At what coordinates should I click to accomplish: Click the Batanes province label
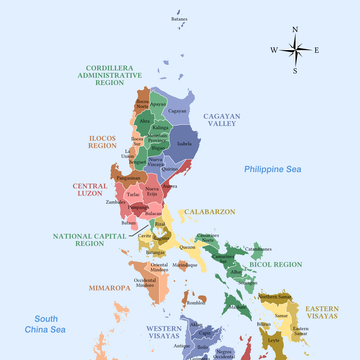coord(179,19)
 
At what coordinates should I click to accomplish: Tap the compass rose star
coord(295,50)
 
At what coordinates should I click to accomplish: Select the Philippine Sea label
coord(273,169)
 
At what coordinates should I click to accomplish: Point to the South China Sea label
coord(45,324)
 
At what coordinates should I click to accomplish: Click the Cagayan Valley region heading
coord(222,120)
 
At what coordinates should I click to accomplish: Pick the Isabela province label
coord(184,144)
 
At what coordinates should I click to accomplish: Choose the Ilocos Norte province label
coord(143,104)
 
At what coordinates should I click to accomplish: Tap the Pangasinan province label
coord(129,178)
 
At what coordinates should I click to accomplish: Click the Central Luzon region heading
coord(90,190)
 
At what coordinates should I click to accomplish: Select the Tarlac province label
coord(133,195)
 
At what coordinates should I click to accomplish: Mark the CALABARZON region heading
coord(210,212)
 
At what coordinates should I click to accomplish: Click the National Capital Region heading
coord(90,240)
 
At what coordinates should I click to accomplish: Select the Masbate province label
coord(238,307)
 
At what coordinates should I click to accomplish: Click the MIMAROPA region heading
coord(109,288)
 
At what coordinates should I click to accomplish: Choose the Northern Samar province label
coord(273,297)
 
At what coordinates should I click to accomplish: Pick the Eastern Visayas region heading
coord(322,312)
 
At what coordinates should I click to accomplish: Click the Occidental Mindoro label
coord(145,283)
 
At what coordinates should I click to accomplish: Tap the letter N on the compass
coord(295,30)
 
